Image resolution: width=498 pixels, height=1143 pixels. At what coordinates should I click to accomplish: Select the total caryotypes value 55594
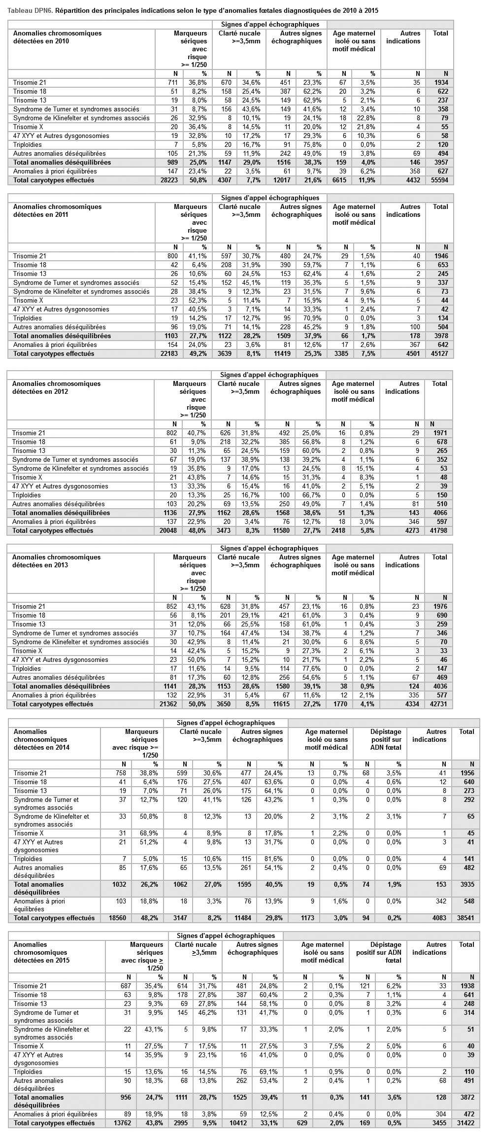440,180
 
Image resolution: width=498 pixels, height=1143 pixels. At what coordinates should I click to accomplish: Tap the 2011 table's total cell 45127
440,354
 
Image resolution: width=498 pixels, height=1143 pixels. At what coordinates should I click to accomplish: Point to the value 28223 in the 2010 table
169,180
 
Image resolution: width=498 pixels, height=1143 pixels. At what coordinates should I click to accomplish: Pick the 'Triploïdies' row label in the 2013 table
27,669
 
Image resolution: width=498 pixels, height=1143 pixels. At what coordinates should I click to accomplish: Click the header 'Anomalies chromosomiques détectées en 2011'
57,211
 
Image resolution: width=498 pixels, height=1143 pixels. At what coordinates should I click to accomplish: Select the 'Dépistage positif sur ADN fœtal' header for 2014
386,740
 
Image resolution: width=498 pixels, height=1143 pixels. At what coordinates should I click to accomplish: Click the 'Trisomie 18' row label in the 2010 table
30,92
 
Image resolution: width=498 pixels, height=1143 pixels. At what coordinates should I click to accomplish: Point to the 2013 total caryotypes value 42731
439,704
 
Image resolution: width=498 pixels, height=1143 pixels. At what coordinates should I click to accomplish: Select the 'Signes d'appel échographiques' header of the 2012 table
269,375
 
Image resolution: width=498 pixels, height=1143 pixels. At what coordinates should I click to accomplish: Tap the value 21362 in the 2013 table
168,704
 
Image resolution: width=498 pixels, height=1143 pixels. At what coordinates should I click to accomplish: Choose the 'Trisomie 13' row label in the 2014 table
30,791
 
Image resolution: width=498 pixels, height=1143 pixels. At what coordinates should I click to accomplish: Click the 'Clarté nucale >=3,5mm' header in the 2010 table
239,37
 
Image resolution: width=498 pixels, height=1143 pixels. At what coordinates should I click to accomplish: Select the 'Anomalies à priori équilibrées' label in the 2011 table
55,345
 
